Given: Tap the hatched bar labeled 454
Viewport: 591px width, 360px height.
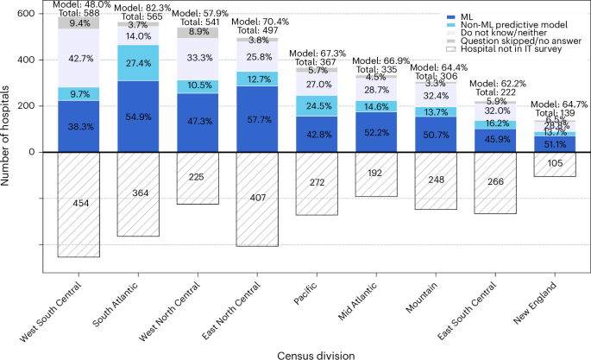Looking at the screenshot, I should pos(79,204).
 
